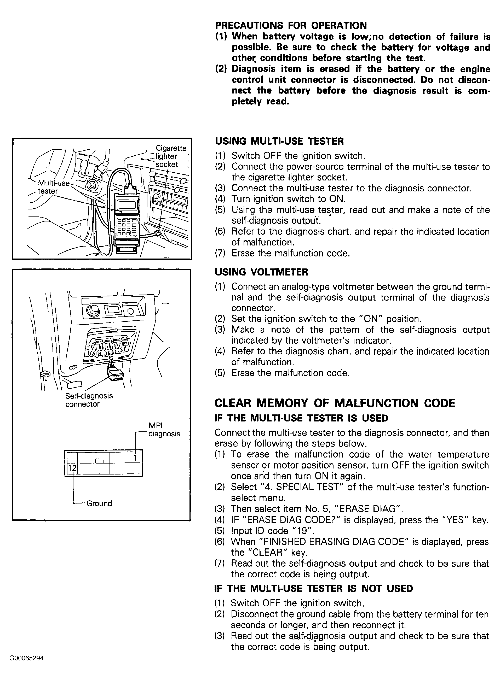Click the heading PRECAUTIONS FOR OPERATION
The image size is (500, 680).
coord(291,25)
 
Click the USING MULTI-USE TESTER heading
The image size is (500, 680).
coord(279,141)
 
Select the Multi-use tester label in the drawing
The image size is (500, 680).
coord(53,187)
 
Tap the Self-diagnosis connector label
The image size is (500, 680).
coord(89,400)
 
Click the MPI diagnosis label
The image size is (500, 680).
coord(164,430)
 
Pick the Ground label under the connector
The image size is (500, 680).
coord(99,503)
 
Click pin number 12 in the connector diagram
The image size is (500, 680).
coord(72,468)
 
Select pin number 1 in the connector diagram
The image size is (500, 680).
coord(135,458)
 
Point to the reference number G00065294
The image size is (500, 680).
coord(27,658)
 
